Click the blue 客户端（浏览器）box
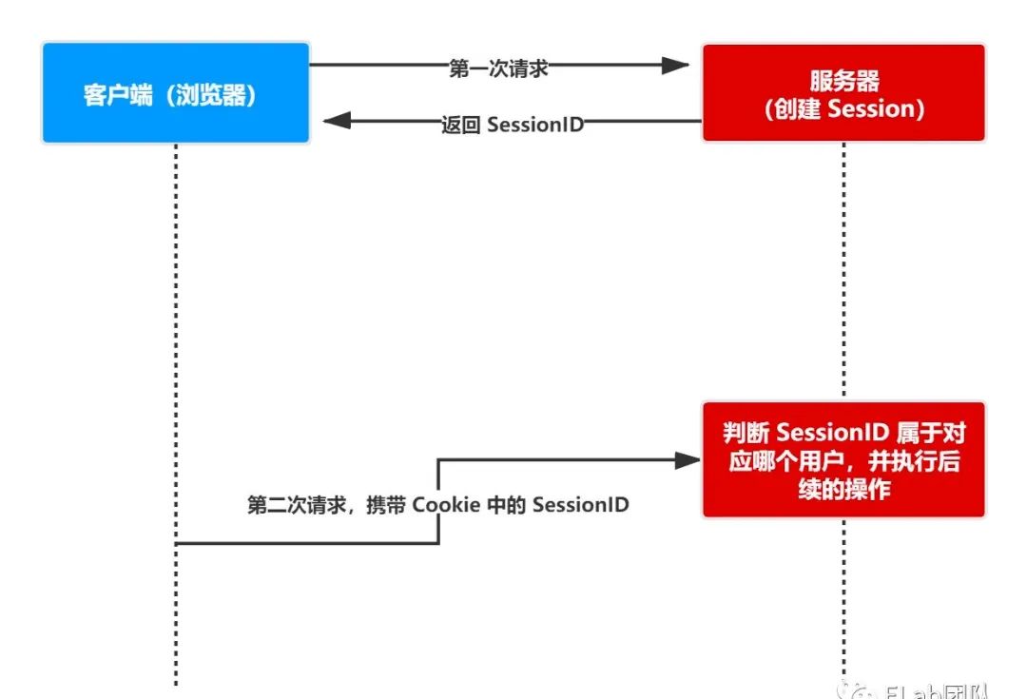click(176, 92)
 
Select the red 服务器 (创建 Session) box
click(843, 92)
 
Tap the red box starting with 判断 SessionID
click(843, 460)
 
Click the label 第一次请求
click(498, 68)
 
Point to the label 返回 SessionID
click(512, 125)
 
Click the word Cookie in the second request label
click(446, 505)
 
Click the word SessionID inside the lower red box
click(830, 433)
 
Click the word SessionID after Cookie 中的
click(580, 505)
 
